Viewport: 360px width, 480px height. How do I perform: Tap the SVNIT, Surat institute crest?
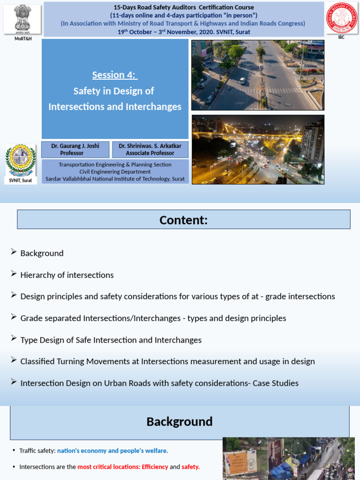(21, 160)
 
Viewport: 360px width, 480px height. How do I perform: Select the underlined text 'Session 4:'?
(114, 75)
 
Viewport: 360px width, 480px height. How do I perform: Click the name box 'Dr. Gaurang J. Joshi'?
(75, 150)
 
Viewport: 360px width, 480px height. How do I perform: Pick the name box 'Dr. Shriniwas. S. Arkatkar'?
(150, 150)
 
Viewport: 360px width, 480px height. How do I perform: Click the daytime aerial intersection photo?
(257, 75)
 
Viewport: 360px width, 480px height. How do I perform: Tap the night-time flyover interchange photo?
(257, 149)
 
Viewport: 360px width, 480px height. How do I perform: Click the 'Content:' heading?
(183, 220)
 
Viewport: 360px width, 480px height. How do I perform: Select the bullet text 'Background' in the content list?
(42, 253)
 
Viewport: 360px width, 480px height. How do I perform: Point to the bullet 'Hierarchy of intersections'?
(67, 275)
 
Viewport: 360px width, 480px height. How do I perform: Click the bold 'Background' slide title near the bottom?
(180, 421)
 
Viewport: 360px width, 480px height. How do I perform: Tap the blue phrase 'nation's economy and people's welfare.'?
(112, 450)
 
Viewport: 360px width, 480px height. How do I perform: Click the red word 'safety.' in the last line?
(191, 467)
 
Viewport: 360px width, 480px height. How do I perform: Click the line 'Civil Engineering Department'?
(115, 172)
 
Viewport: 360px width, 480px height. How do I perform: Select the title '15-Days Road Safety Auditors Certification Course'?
(184, 7)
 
